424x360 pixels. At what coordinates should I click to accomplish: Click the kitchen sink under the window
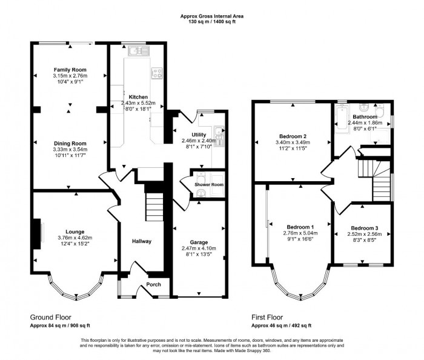click(x=134, y=51)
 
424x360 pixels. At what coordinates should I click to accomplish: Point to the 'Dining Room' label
click(x=70, y=143)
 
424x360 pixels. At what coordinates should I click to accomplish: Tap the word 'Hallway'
click(x=142, y=241)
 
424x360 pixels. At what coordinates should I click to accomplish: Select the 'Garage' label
click(x=199, y=241)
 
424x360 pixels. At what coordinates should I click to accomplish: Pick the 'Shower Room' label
click(x=208, y=184)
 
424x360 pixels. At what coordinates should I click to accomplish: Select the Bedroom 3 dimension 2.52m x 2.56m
click(x=364, y=234)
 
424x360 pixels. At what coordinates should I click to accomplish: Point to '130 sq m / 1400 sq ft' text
click(x=211, y=21)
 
